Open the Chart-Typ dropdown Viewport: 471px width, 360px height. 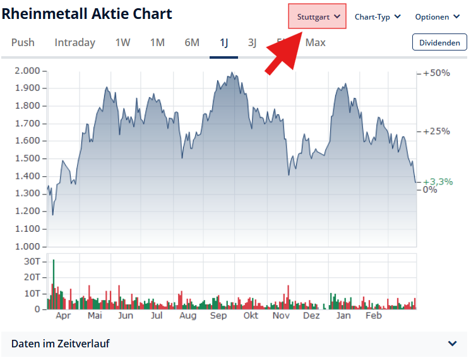(x=378, y=16)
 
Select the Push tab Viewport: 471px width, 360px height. (x=23, y=42)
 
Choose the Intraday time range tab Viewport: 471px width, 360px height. (x=75, y=42)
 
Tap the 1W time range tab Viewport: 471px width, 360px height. (x=122, y=42)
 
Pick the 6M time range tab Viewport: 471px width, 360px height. (x=192, y=42)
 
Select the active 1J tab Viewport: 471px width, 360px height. (x=224, y=42)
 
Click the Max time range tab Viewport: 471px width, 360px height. (x=316, y=42)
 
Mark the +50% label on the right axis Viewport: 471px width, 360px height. (x=436, y=73)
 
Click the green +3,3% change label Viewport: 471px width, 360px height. (x=438, y=181)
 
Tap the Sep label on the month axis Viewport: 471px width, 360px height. (x=218, y=315)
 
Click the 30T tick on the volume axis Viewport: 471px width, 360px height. (x=32, y=261)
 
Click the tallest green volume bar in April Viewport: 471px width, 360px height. (x=54, y=284)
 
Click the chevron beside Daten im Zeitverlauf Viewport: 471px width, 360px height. (x=452, y=344)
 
